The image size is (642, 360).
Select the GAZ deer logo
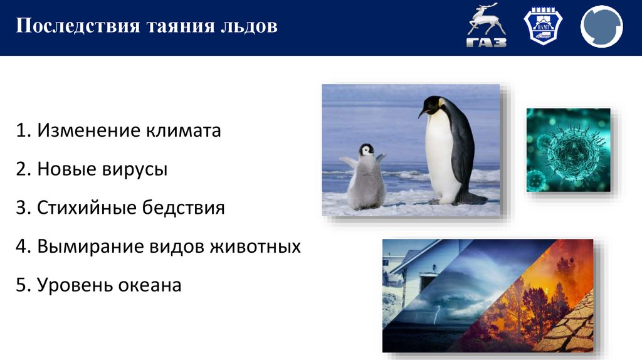point(487,28)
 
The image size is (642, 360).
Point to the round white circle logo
point(601,28)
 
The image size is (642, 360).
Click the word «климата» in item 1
point(184,131)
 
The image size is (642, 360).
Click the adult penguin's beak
point(422,113)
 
